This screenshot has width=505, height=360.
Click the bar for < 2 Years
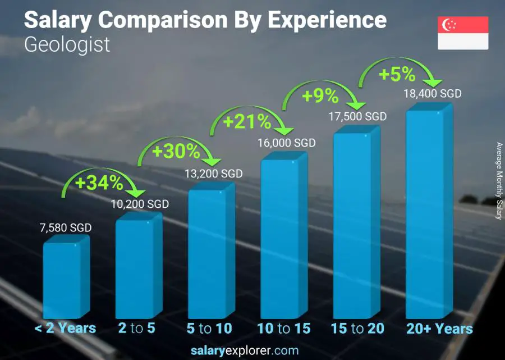[63, 280]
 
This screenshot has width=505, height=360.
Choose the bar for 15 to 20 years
[353, 225]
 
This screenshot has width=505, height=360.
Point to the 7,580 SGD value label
[65, 228]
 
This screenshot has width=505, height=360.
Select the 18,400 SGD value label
[432, 94]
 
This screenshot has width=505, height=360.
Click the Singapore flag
[463, 33]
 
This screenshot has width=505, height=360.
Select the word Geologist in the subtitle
[67, 44]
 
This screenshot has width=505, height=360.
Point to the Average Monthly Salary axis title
[499, 181]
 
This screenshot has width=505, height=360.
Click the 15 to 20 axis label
[357, 329]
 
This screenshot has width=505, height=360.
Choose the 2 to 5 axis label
[137, 329]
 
